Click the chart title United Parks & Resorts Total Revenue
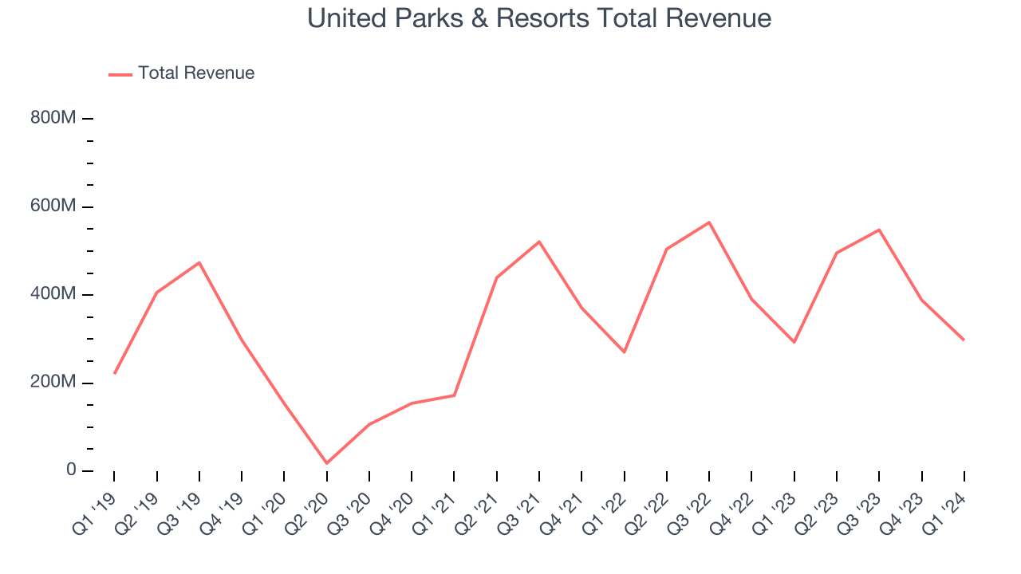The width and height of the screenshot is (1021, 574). tap(539, 18)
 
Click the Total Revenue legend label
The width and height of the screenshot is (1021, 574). tap(196, 73)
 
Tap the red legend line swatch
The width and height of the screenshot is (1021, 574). tap(120, 74)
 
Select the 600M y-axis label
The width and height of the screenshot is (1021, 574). tap(54, 206)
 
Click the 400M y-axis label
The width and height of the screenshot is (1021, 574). tap(54, 295)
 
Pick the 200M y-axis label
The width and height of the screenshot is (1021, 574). tap(54, 383)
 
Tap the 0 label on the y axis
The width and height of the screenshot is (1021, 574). tap(71, 470)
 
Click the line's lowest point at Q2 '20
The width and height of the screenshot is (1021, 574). tap(327, 463)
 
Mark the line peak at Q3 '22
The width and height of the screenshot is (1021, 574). tap(709, 222)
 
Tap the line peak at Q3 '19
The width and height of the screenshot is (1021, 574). tap(199, 262)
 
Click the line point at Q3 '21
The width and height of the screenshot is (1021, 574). tap(539, 242)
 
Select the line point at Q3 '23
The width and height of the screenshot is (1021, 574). tap(879, 230)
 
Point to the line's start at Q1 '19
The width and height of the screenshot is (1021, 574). tap(114, 373)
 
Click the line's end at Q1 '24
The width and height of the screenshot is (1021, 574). tap(964, 340)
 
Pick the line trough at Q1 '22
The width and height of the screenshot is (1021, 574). tap(624, 352)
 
